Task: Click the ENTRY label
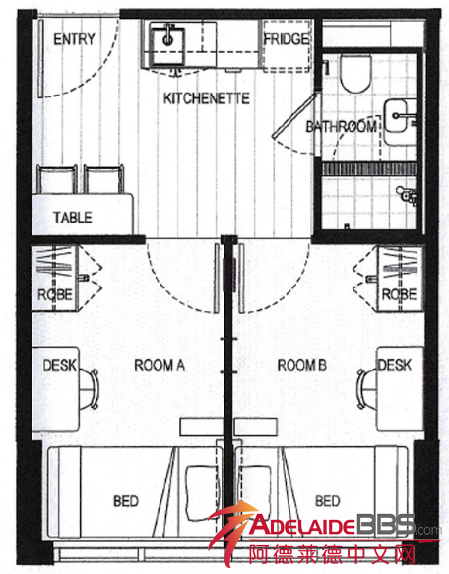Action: (75, 39)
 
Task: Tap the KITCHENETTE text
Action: (206, 98)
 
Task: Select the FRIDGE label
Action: (287, 39)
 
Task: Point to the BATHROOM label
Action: (342, 127)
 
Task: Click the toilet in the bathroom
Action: (354, 73)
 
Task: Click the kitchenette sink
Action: (167, 46)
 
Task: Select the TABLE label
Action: (73, 217)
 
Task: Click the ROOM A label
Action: (160, 365)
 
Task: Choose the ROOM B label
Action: (301, 365)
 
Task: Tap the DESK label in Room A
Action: (59, 365)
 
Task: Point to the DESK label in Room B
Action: (395, 365)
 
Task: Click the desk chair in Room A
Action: (90, 389)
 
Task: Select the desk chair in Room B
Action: (367, 389)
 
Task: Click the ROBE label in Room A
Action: (55, 294)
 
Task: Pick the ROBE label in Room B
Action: (399, 294)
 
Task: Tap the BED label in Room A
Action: (126, 501)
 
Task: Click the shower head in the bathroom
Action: (406, 193)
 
